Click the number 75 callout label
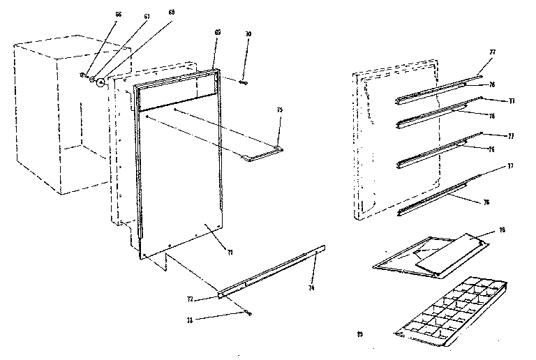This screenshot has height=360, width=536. (x=279, y=110)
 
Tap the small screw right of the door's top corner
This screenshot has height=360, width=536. (x=244, y=82)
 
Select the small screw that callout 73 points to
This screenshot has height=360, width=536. (x=248, y=313)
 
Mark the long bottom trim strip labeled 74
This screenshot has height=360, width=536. (x=272, y=270)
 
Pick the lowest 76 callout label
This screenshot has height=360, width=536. (x=485, y=202)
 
